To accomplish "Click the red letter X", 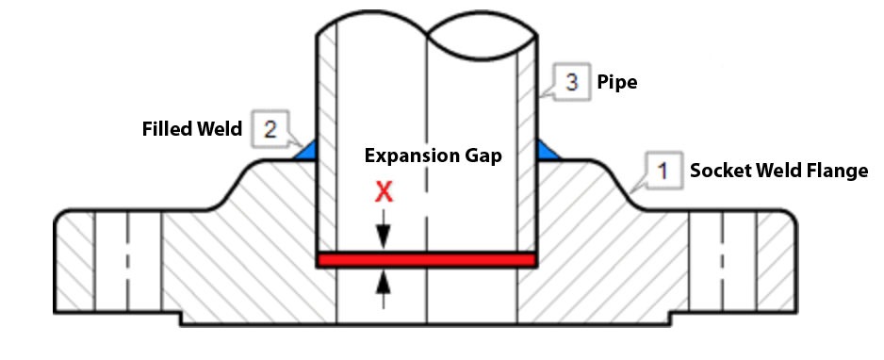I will (x=383, y=192).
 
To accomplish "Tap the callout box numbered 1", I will (x=663, y=171).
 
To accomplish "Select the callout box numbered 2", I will (x=270, y=129).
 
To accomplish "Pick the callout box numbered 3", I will (x=571, y=82).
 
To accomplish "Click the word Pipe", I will (x=617, y=83).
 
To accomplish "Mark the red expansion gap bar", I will (x=427, y=259).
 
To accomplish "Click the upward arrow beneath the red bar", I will (x=383, y=285).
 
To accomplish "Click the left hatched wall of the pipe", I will (x=327, y=141).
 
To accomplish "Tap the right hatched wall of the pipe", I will (x=527, y=141).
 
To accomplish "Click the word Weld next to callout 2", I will (x=216, y=128).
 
